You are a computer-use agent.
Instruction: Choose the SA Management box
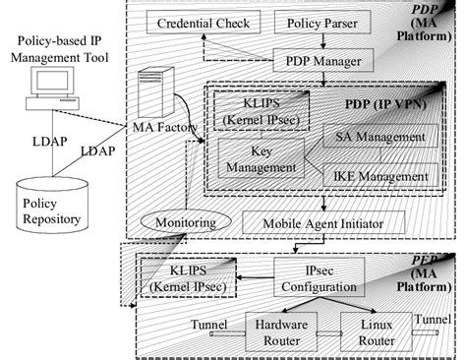[380, 137]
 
